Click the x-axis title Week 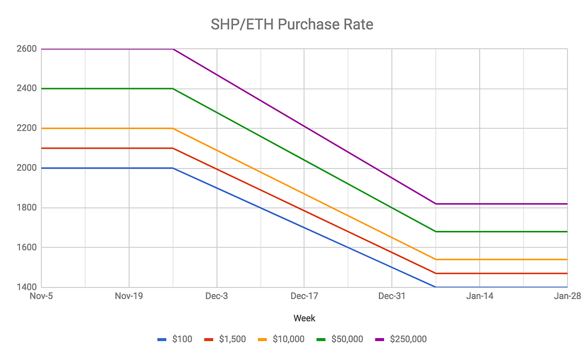point(304,318)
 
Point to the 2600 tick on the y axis point(27,49)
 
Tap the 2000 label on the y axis point(27,168)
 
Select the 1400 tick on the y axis point(27,287)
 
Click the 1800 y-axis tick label point(27,208)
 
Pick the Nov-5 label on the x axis point(41,296)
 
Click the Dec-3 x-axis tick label point(216,296)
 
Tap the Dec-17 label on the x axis point(304,296)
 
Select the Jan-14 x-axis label point(480,296)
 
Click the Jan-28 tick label point(566,296)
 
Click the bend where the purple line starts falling point(173,49)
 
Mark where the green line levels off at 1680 point(436,231)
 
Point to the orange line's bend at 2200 point(173,129)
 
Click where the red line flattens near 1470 point(436,273)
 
